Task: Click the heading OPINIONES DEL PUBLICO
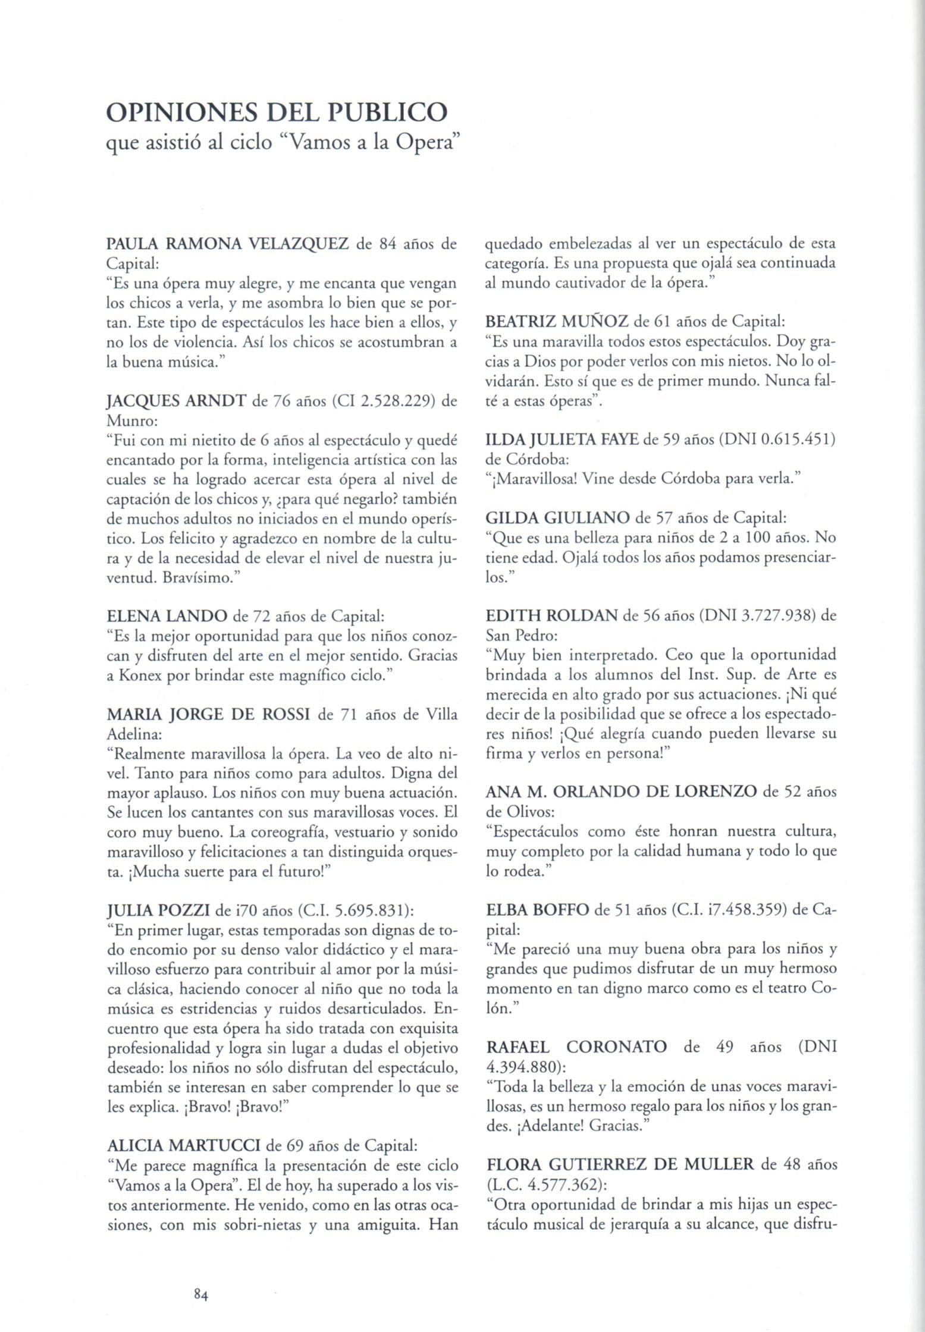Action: point(276,112)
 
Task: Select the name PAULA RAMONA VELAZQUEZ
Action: point(227,244)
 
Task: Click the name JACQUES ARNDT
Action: point(176,402)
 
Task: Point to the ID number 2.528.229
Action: point(378,402)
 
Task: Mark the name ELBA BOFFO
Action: point(538,910)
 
